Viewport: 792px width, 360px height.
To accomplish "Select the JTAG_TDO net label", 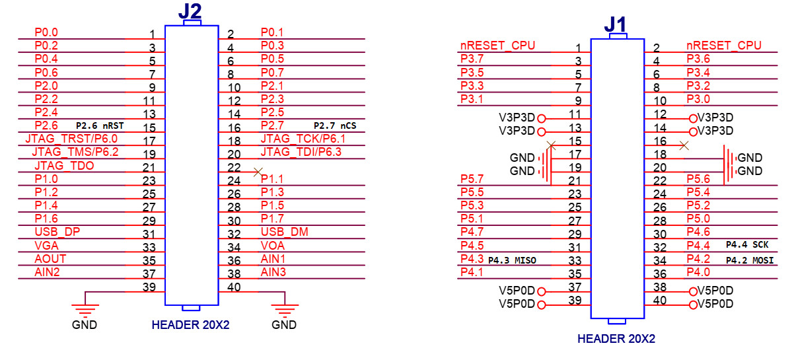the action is [x=57, y=165].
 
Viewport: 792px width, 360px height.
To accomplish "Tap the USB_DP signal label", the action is [x=57, y=232].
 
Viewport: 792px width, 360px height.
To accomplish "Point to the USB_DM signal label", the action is [x=285, y=232].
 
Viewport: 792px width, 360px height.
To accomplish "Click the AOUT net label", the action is [x=50, y=258].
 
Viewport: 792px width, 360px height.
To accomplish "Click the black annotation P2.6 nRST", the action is [x=100, y=126].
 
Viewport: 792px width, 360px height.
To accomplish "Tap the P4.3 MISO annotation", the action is [x=512, y=260].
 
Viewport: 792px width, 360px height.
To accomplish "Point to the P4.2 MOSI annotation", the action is [x=749, y=260].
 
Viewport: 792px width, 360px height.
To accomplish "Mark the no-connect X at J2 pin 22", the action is [x=258, y=172].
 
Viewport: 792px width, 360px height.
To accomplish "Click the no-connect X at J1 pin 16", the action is [x=684, y=145].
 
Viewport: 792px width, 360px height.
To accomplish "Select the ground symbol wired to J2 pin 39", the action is [x=85, y=308].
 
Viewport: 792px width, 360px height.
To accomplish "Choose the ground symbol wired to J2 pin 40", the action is [x=285, y=308].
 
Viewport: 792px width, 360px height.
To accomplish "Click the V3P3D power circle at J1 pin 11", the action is [x=542, y=119].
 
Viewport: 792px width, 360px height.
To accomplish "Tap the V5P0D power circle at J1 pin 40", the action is [x=692, y=305].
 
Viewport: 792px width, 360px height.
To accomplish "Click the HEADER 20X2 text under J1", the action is [x=617, y=339].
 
